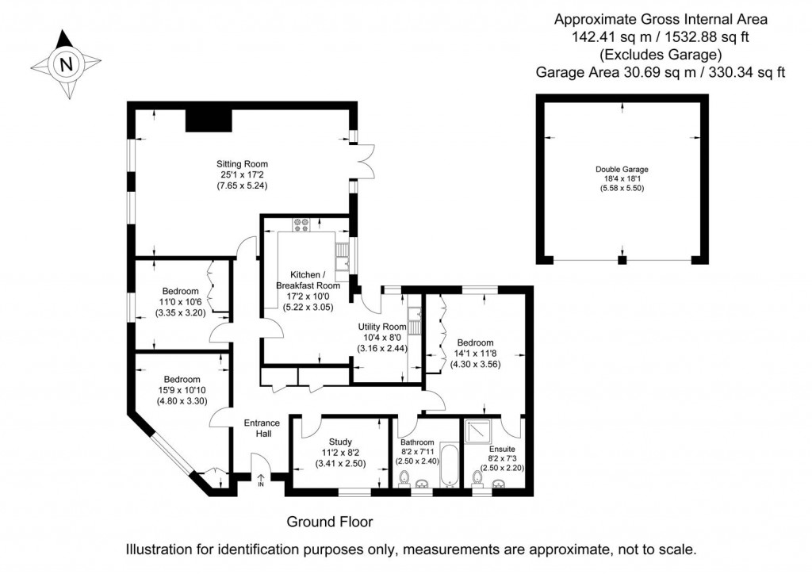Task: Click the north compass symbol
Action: coord(66,63)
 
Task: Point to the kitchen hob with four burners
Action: coord(302,224)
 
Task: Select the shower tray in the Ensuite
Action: coord(477,430)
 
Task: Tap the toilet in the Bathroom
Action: coord(405,477)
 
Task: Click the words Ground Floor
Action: coord(329,522)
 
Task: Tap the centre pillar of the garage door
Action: coord(622,259)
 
